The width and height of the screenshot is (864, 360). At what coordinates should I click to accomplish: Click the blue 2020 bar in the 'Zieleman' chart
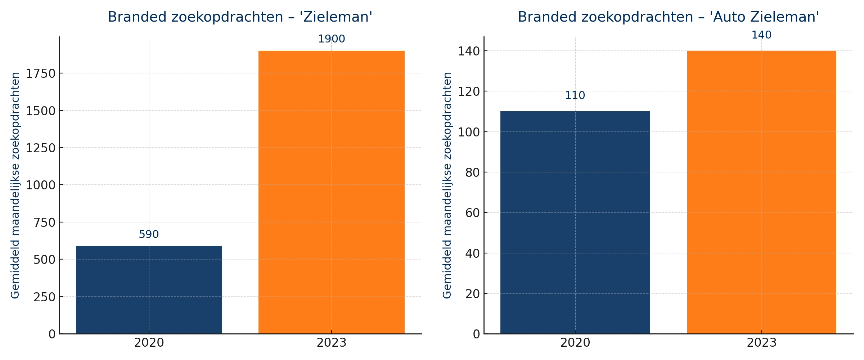pos(149,290)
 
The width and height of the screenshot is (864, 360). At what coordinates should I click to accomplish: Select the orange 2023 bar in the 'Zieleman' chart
pos(332,192)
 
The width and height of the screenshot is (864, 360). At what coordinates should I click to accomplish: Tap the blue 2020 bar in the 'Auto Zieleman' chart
pos(575,222)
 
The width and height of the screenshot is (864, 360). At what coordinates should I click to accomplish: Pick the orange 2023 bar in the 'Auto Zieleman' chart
pos(762,192)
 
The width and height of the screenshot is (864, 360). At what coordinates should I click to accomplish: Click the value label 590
pos(149,234)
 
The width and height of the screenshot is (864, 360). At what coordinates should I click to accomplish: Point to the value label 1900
pos(332,39)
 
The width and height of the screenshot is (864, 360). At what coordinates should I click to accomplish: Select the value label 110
pos(575,95)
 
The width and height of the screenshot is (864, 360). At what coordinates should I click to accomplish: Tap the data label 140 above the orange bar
pos(761,35)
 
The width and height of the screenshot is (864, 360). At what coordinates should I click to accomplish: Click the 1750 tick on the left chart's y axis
pos(41,73)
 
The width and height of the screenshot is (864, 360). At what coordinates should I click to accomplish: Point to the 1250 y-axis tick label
pos(41,148)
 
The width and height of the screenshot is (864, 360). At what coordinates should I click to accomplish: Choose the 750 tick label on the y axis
pos(45,222)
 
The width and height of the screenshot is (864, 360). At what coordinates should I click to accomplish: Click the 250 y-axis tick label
pos(45,297)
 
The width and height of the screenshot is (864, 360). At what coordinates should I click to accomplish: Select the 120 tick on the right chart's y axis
pos(469,91)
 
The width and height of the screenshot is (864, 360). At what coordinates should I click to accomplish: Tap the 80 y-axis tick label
pos(473,172)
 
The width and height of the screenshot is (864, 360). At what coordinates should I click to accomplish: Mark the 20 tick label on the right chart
pos(473,294)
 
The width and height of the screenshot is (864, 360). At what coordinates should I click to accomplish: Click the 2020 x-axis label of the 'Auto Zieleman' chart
pos(575,343)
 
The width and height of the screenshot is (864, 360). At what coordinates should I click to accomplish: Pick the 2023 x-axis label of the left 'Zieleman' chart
pos(332,343)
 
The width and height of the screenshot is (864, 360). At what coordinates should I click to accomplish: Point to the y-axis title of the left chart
pos(15,185)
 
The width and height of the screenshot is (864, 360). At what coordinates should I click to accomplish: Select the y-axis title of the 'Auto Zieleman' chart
pos(447,185)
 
